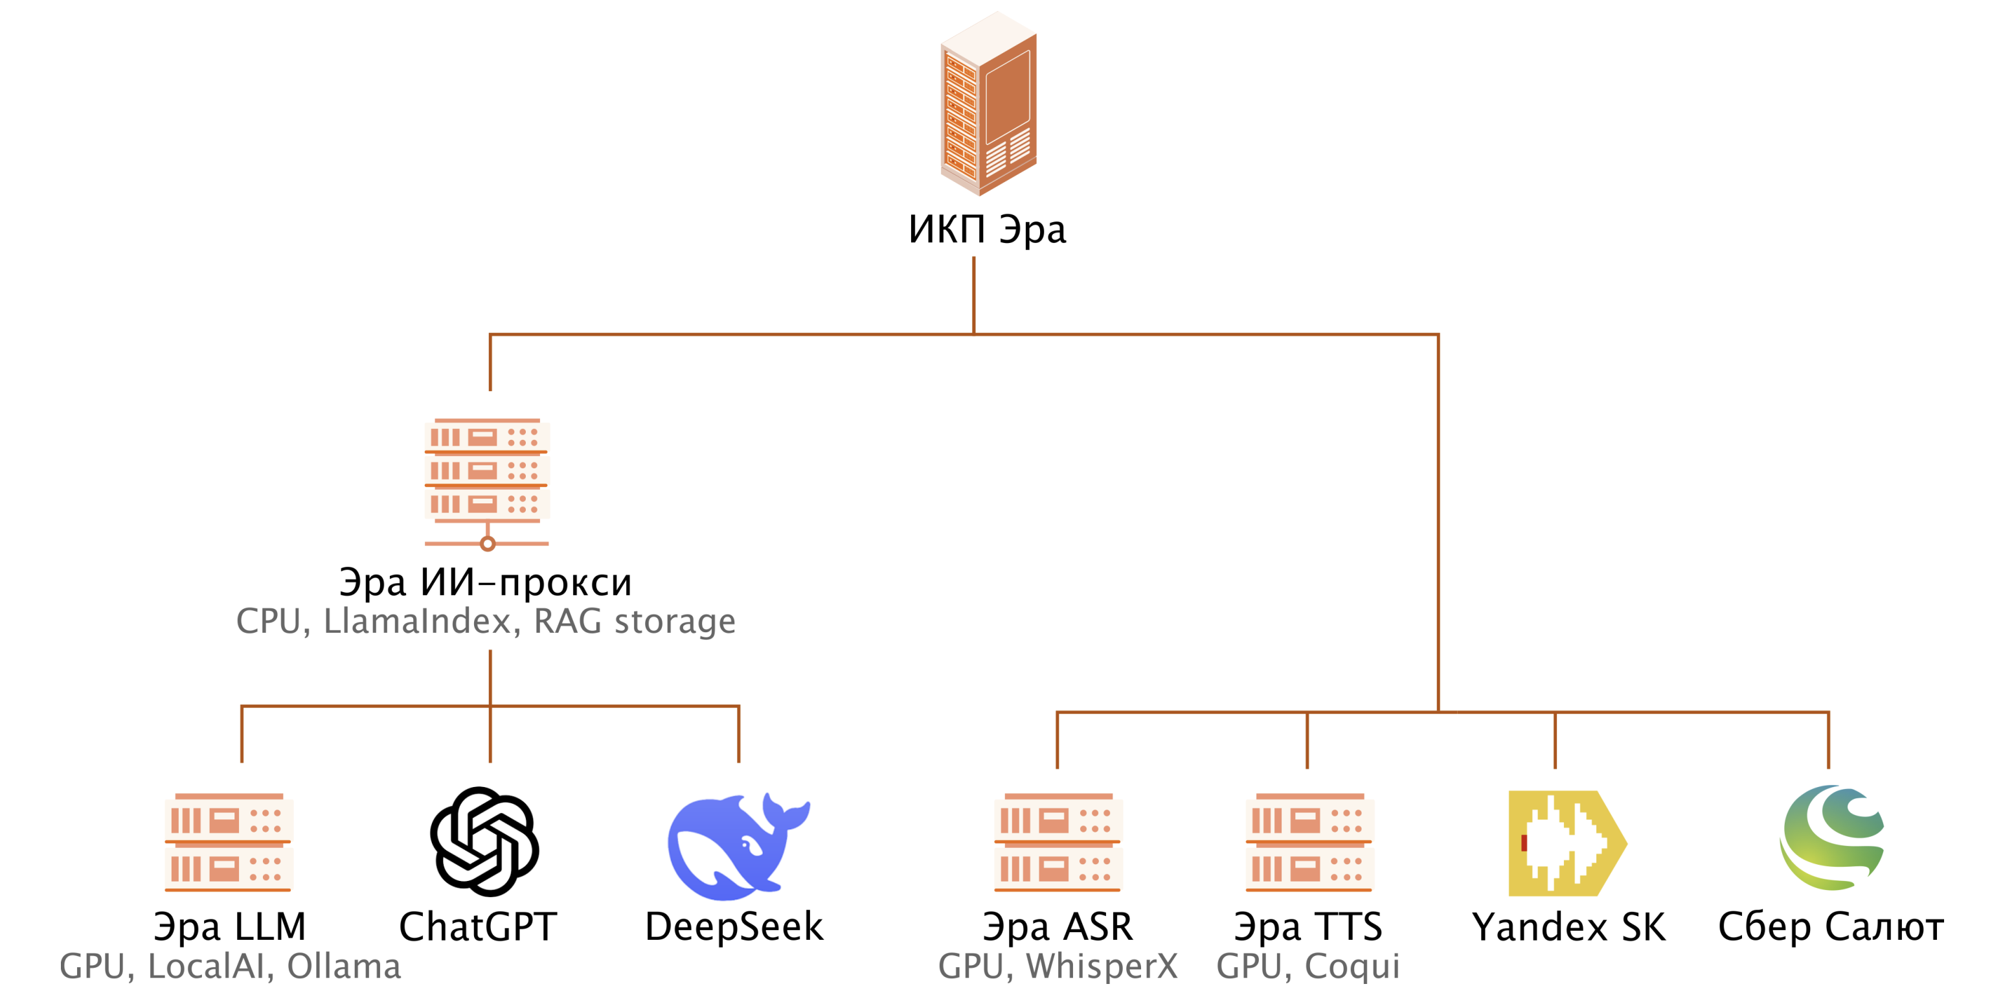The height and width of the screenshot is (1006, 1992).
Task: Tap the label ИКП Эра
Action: [987, 230]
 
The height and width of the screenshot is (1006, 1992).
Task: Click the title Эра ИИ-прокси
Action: [486, 582]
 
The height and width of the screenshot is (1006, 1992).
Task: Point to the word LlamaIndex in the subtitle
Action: [417, 622]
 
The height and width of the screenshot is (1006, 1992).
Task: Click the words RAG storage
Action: [634, 622]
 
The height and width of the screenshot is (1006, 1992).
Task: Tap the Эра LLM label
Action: [230, 926]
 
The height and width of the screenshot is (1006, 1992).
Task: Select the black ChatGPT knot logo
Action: [485, 841]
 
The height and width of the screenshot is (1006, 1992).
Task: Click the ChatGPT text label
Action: [478, 926]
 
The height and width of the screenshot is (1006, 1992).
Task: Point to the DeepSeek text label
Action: [734, 926]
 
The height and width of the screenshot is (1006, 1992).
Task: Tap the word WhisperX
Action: [1102, 966]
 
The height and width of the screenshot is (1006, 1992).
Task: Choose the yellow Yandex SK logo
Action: [1566, 843]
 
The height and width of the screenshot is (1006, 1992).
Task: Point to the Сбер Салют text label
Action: [1830, 926]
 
